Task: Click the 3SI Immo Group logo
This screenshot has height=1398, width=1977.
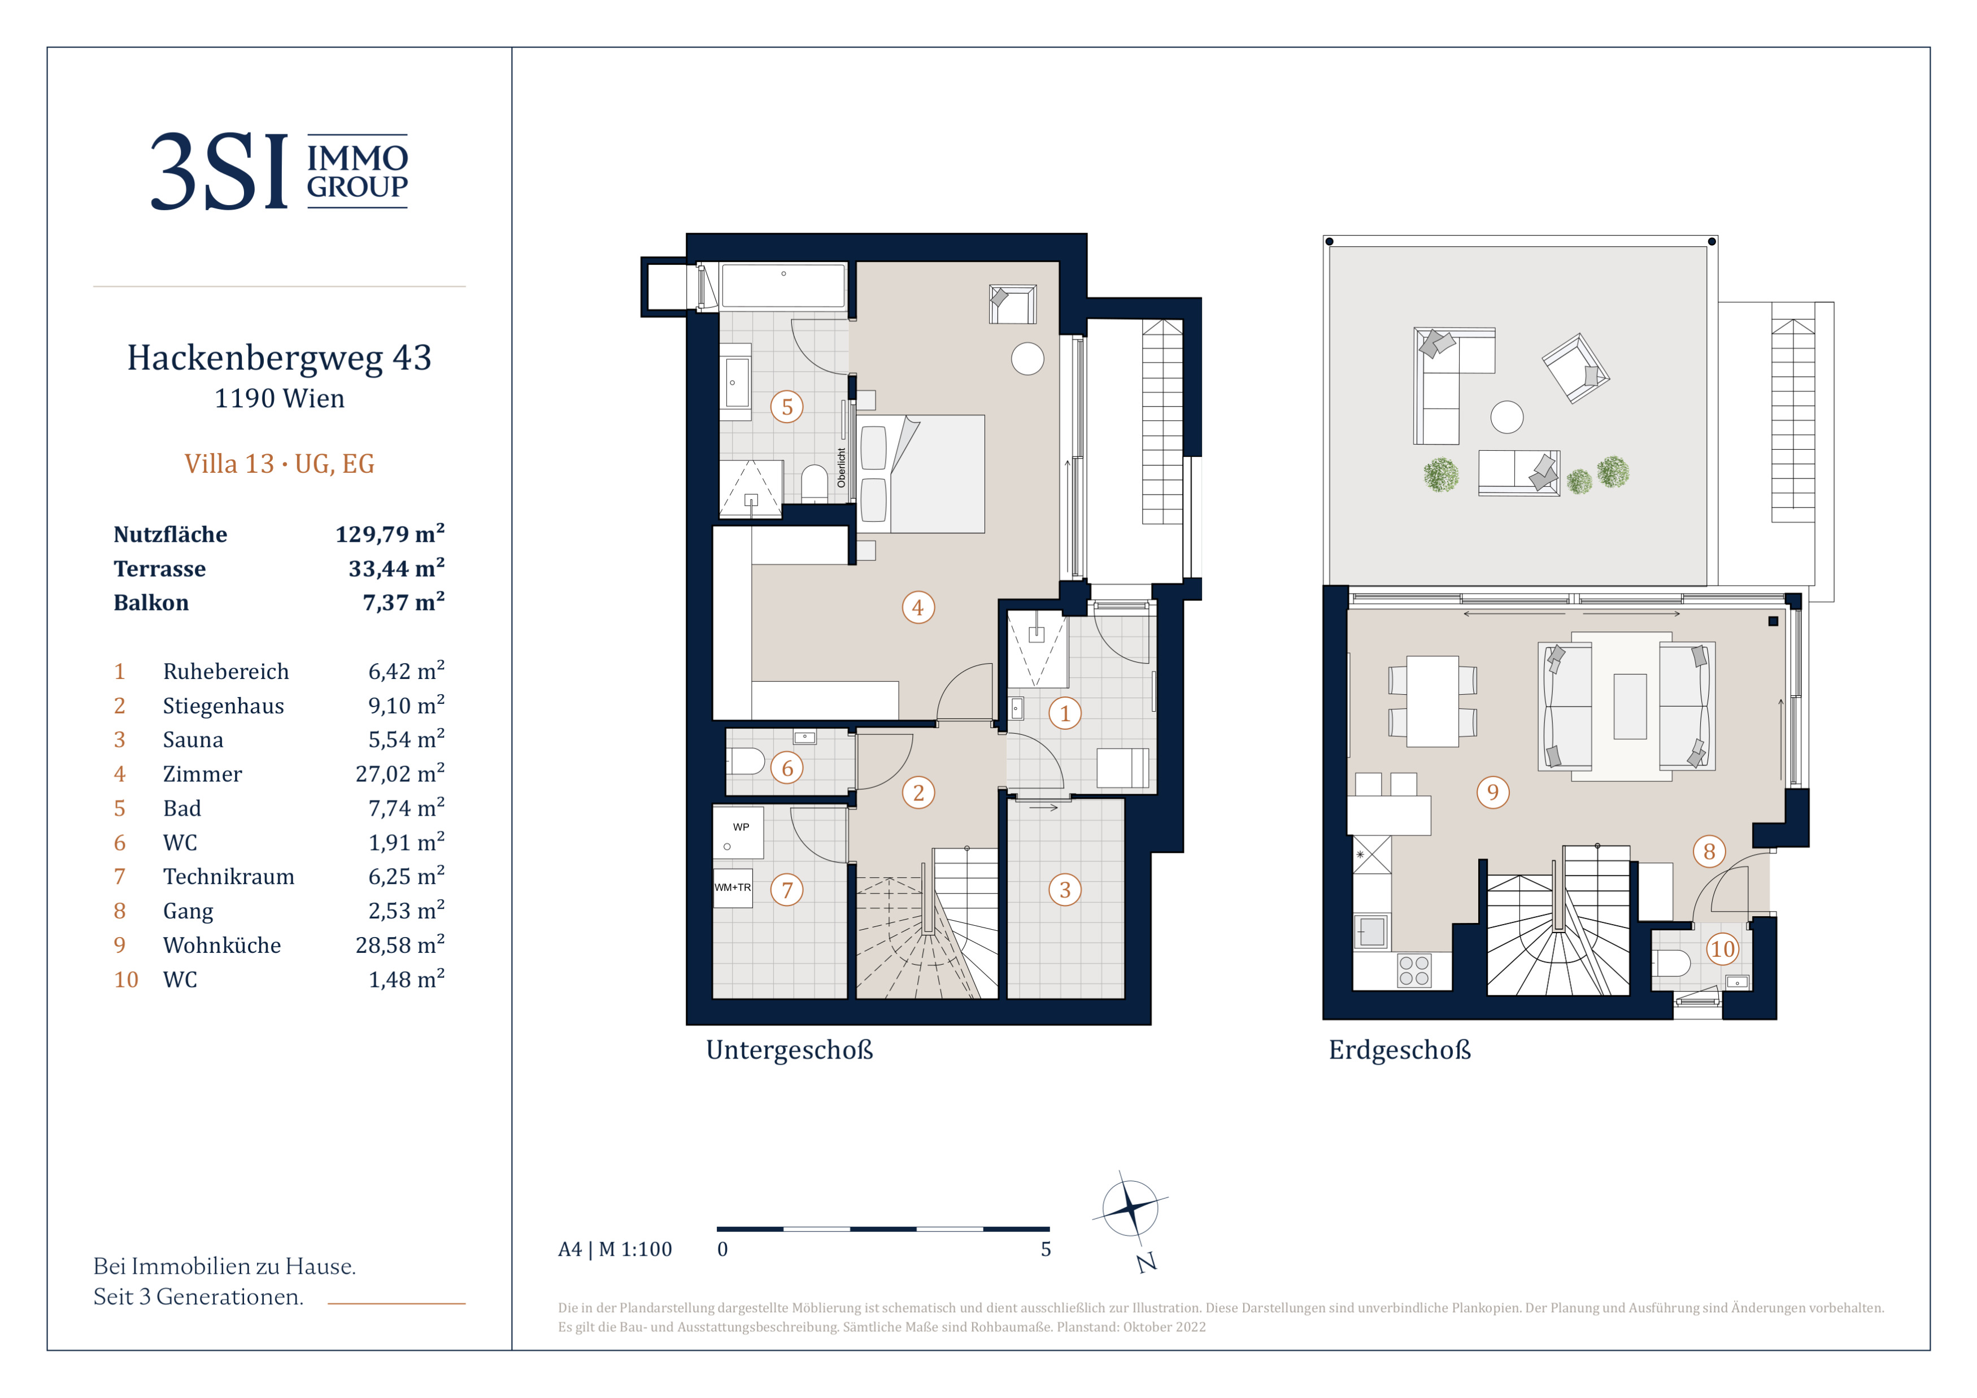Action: (279, 171)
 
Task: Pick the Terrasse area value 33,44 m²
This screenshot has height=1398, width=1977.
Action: (396, 568)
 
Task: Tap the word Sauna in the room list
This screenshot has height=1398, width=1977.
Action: (193, 739)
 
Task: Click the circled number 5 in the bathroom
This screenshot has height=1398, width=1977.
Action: (787, 407)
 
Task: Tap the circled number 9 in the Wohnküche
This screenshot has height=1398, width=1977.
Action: (1493, 792)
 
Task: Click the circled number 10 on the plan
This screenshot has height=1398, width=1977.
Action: (1722, 948)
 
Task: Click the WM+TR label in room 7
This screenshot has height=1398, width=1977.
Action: (733, 887)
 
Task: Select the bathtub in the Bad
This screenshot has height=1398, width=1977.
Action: (783, 285)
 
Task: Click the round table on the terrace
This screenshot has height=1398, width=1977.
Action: (1507, 417)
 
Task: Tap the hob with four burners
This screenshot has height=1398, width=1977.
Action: (1414, 970)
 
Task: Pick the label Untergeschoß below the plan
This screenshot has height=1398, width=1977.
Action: (790, 1050)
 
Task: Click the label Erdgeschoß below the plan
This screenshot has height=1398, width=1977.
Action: (1400, 1050)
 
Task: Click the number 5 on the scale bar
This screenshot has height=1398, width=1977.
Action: (1046, 1249)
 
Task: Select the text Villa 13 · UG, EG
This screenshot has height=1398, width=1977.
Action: (279, 464)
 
